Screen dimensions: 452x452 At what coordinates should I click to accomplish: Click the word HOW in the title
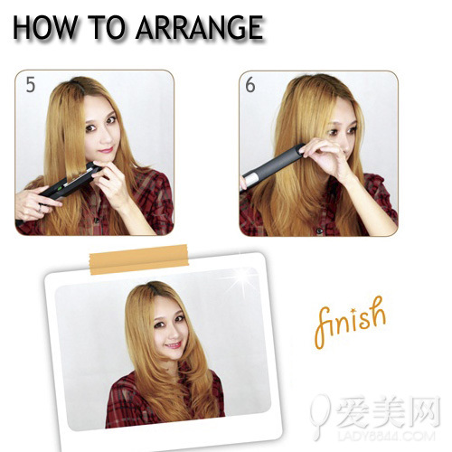[x=45, y=27]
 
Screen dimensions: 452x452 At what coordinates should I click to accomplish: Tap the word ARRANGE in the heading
[x=200, y=27]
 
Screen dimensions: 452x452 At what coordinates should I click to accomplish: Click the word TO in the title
[x=107, y=27]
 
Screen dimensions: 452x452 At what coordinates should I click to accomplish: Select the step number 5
[x=31, y=84]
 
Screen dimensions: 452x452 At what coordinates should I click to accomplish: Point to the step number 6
[x=250, y=84]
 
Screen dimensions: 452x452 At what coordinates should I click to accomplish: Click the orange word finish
[x=350, y=323]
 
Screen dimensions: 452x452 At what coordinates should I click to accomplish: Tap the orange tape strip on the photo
[x=139, y=259]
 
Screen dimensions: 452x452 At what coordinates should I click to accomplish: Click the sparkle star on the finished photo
[x=241, y=280]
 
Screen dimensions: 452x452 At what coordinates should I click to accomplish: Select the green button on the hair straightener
[x=60, y=189]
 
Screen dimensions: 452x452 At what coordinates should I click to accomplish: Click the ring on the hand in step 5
[x=40, y=208]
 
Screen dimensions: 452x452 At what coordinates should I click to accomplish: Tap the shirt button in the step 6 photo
[x=319, y=231]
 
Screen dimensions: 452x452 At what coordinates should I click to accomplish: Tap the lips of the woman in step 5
[x=106, y=149]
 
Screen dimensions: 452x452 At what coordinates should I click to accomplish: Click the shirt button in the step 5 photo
[x=97, y=220]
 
